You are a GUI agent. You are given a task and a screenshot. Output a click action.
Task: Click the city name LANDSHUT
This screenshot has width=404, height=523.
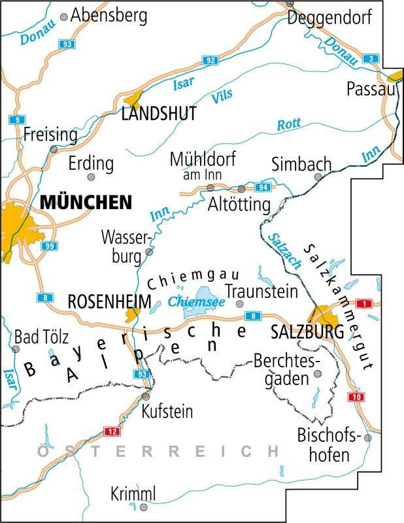[159, 114]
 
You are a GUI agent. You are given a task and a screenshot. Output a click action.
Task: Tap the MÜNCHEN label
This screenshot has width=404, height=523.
[86, 202]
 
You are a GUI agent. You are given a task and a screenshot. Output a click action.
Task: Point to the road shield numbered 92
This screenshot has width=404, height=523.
[210, 61]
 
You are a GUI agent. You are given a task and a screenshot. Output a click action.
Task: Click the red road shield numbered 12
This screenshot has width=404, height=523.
[112, 431]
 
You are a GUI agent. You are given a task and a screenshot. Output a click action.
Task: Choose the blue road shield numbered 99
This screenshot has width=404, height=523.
[48, 246]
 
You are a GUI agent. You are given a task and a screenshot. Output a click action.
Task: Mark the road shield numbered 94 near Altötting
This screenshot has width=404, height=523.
[263, 188]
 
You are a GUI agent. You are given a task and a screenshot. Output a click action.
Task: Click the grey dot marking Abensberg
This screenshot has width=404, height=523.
[64, 18]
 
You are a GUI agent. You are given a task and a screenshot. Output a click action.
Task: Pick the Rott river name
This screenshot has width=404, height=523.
[288, 124]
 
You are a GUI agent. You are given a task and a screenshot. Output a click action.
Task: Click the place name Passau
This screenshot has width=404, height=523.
[371, 89]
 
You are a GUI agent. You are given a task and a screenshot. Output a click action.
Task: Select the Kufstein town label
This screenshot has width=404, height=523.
[167, 412]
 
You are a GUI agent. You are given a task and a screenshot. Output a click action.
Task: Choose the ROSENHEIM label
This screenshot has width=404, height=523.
[109, 302]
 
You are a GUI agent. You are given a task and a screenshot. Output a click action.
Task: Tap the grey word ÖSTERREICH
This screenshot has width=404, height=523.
[158, 451]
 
